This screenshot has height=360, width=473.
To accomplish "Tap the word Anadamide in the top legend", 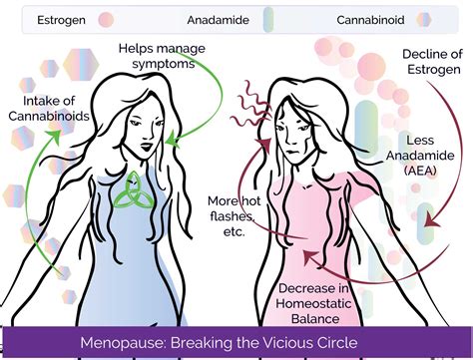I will click(x=217, y=19).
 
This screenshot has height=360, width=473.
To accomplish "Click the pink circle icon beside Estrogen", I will click(x=106, y=19).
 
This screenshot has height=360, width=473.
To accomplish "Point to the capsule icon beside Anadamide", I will click(x=266, y=19).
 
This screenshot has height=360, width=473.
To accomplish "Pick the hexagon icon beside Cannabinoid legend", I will click(x=423, y=19).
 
